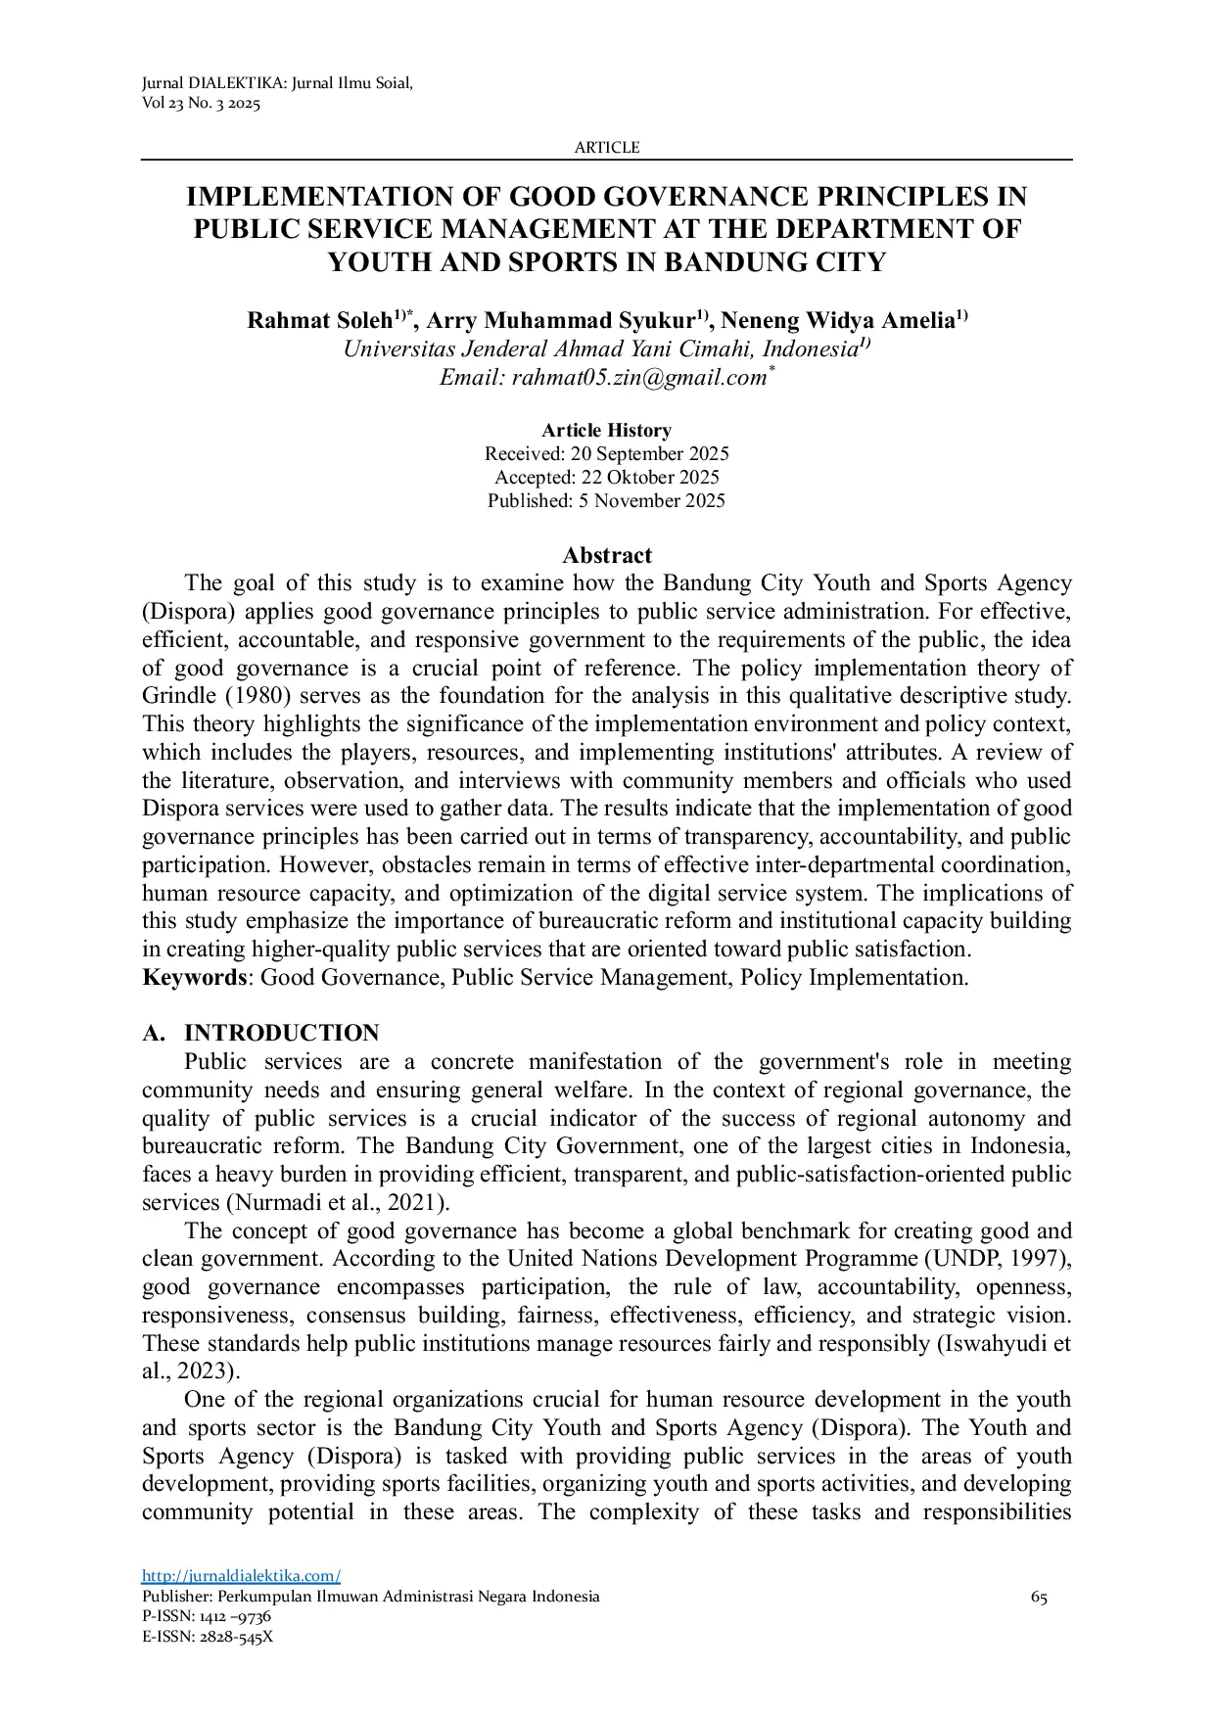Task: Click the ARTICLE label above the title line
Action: pos(606,148)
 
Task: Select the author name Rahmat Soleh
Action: pos(319,321)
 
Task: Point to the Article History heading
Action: pos(606,431)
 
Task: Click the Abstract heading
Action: pos(606,556)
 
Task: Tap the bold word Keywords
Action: pos(194,978)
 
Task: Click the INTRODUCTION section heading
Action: pos(281,1034)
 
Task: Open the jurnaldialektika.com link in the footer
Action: pos(241,1576)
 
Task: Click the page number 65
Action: pos(1039,1598)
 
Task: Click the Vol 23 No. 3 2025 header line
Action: pos(202,105)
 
